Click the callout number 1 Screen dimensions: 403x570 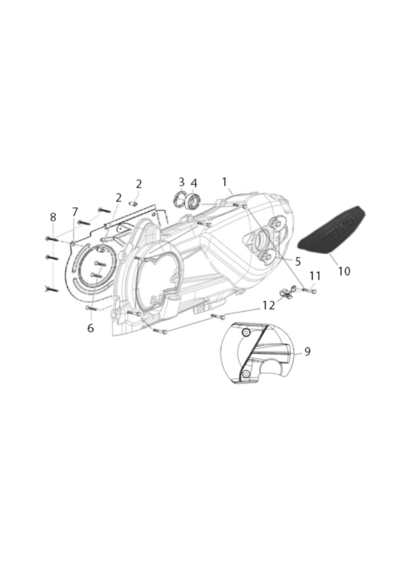[224, 182]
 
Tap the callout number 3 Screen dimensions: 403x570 [182, 182]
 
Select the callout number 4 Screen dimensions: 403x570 [194, 182]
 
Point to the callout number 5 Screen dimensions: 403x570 [297, 262]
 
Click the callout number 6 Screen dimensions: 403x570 [91, 328]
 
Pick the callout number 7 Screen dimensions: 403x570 [75, 212]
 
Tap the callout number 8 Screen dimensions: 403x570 [53, 218]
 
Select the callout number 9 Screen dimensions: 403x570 [307, 352]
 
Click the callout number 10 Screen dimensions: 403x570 [344, 271]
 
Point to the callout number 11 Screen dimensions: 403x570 [315, 277]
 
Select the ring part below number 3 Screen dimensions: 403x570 [180, 199]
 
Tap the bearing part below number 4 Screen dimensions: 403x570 [193, 201]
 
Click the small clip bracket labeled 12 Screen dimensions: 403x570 [286, 293]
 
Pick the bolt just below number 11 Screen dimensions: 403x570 [309, 291]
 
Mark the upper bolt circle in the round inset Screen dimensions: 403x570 [246, 333]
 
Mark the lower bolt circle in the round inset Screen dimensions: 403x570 [246, 373]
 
